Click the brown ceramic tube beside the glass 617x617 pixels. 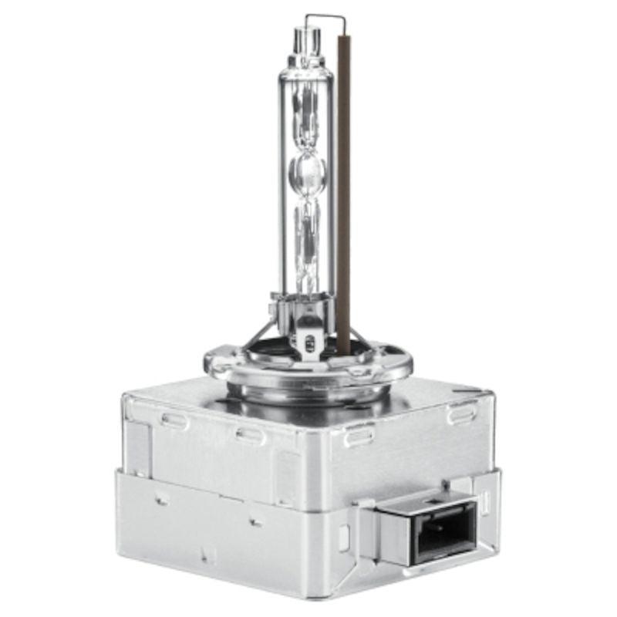pos(344,193)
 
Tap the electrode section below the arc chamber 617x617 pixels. pos(306,231)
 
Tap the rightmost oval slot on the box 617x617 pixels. pos(460,413)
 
